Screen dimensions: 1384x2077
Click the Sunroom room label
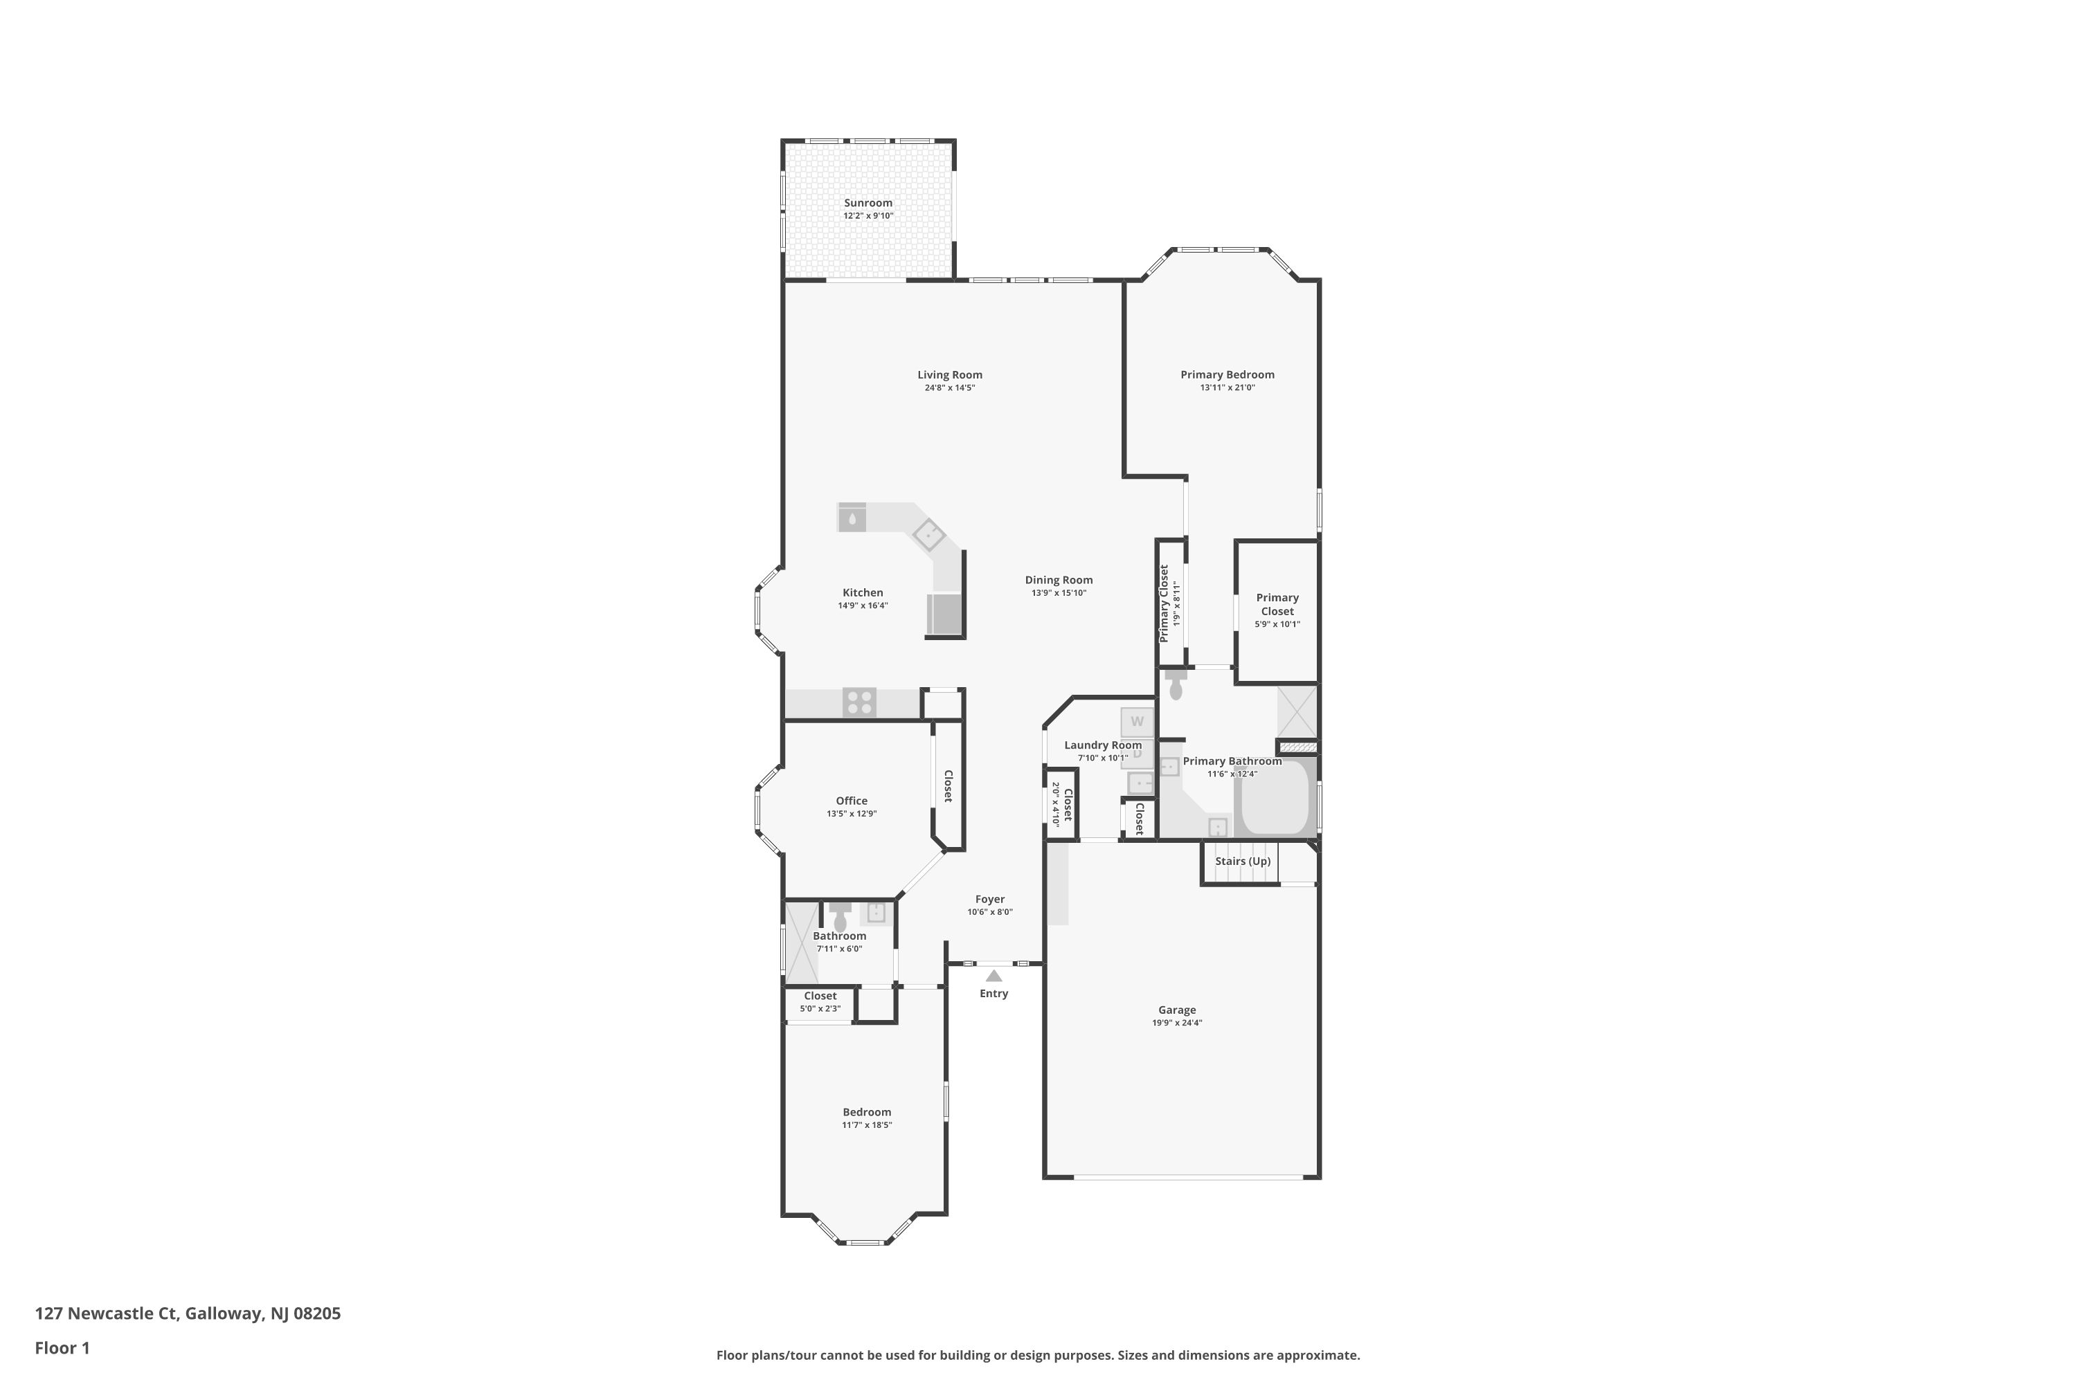click(x=867, y=203)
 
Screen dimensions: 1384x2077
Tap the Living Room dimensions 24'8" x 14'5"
click(x=949, y=388)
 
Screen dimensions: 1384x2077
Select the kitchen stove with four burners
click(x=858, y=702)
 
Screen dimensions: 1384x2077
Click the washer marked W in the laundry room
click(x=1137, y=721)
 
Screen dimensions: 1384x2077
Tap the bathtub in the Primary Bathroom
click(x=1275, y=799)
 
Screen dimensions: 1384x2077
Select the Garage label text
click(x=1176, y=1010)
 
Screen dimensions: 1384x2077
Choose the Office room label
click(x=852, y=801)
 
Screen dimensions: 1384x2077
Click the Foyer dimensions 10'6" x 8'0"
click(x=989, y=912)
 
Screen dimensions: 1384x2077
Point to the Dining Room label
click(x=1058, y=580)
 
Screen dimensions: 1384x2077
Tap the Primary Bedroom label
click(x=1227, y=374)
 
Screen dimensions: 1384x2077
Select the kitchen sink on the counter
click(x=852, y=518)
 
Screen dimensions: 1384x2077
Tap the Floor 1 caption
click(x=62, y=1348)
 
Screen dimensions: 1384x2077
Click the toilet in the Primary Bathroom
click(x=1176, y=685)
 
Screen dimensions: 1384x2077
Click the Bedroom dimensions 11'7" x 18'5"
click(x=866, y=1124)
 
